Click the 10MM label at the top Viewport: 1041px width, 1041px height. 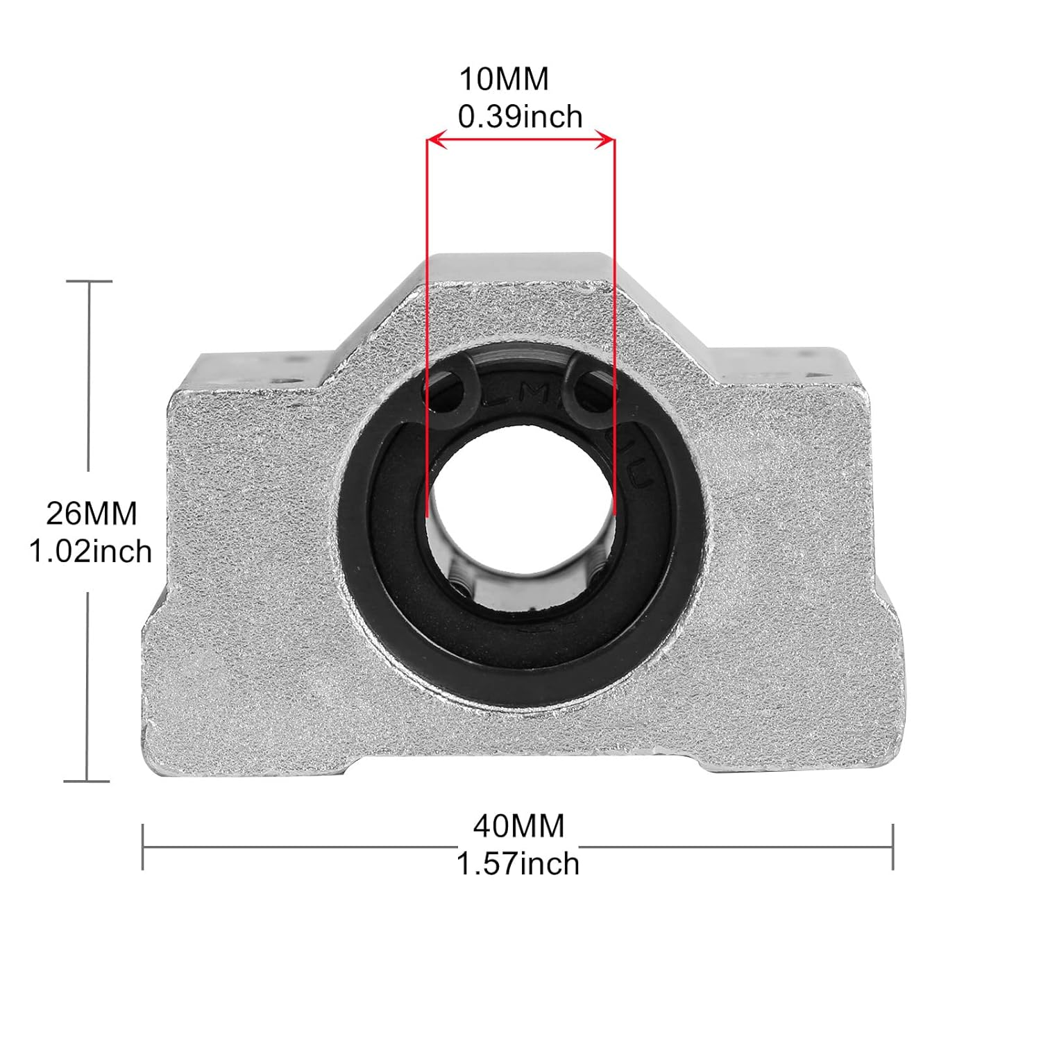tap(504, 79)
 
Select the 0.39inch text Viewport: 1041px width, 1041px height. tap(520, 117)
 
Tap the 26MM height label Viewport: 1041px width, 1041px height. tap(92, 514)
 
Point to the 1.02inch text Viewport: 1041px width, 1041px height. tap(90, 552)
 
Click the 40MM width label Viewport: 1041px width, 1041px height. tap(519, 826)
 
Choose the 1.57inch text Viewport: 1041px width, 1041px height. tap(518, 864)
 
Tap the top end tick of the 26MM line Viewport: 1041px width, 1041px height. tap(89, 281)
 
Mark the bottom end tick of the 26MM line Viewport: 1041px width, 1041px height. tap(87, 781)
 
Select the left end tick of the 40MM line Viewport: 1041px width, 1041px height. tap(142, 847)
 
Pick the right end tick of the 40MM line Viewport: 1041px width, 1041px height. tap(892, 847)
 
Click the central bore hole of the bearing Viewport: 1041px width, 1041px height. tap(520, 514)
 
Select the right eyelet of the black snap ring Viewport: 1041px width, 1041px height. tap(589, 386)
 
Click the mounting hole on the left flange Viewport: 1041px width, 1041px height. tap(285, 381)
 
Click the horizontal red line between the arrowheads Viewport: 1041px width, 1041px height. tap(520, 141)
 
